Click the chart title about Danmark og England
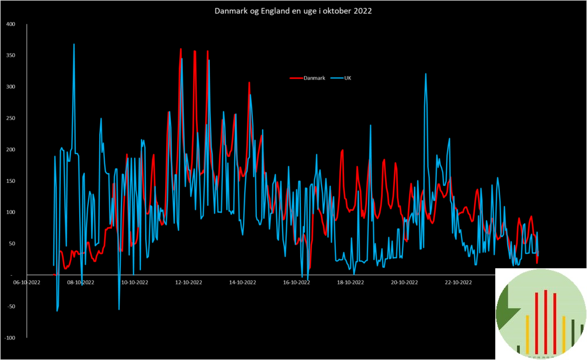pyautogui.click(x=293, y=11)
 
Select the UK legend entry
pyautogui.click(x=347, y=78)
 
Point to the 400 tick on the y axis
pyautogui.click(x=11, y=24)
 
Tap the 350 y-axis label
pyautogui.click(x=11, y=56)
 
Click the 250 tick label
pyautogui.click(x=11, y=118)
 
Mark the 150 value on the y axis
pyautogui.click(x=11, y=181)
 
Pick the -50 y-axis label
pyautogui.click(x=11, y=307)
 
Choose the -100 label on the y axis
pyautogui.click(x=10, y=338)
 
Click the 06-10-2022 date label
pyautogui.click(x=27, y=282)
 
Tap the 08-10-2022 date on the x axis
pyautogui.click(x=80, y=282)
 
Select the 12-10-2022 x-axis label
pyautogui.click(x=189, y=282)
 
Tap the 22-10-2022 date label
pyautogui.click(x=458, y=282)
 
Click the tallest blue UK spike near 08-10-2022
pyautogui.click(x=74, y=45)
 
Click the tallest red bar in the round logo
pyautogui.click(x=546, y=321)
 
